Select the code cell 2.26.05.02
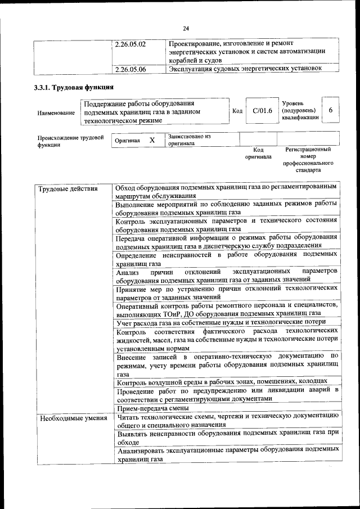pyautogui.click(x=130, y=43)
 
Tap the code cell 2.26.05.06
pyautogui.click(x=130, y=69)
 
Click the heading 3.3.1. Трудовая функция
pyautogui.click(x=74, y=88)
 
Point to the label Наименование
pyautogui.click(x=56, y=113)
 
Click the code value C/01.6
pyautogui.click(x=262, y=111)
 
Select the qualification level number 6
pyautogui.click(x=331, y=110)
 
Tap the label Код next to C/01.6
pyautogui.click(x=237, y=111)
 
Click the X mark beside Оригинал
pyautogui.click(x=152, y=139)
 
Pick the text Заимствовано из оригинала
pyautogui.click(x=188, y=139)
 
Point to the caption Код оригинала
pyautogui.click(x=258, y=154)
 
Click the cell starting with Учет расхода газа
pyautogui.click(x=220, y=322)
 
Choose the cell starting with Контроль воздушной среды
pyautogui.click(x=222, y=382)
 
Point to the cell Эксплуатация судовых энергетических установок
pyautogui.click(x=246, y=69)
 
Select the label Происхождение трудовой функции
pyautogui.click(x=70, y=141)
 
